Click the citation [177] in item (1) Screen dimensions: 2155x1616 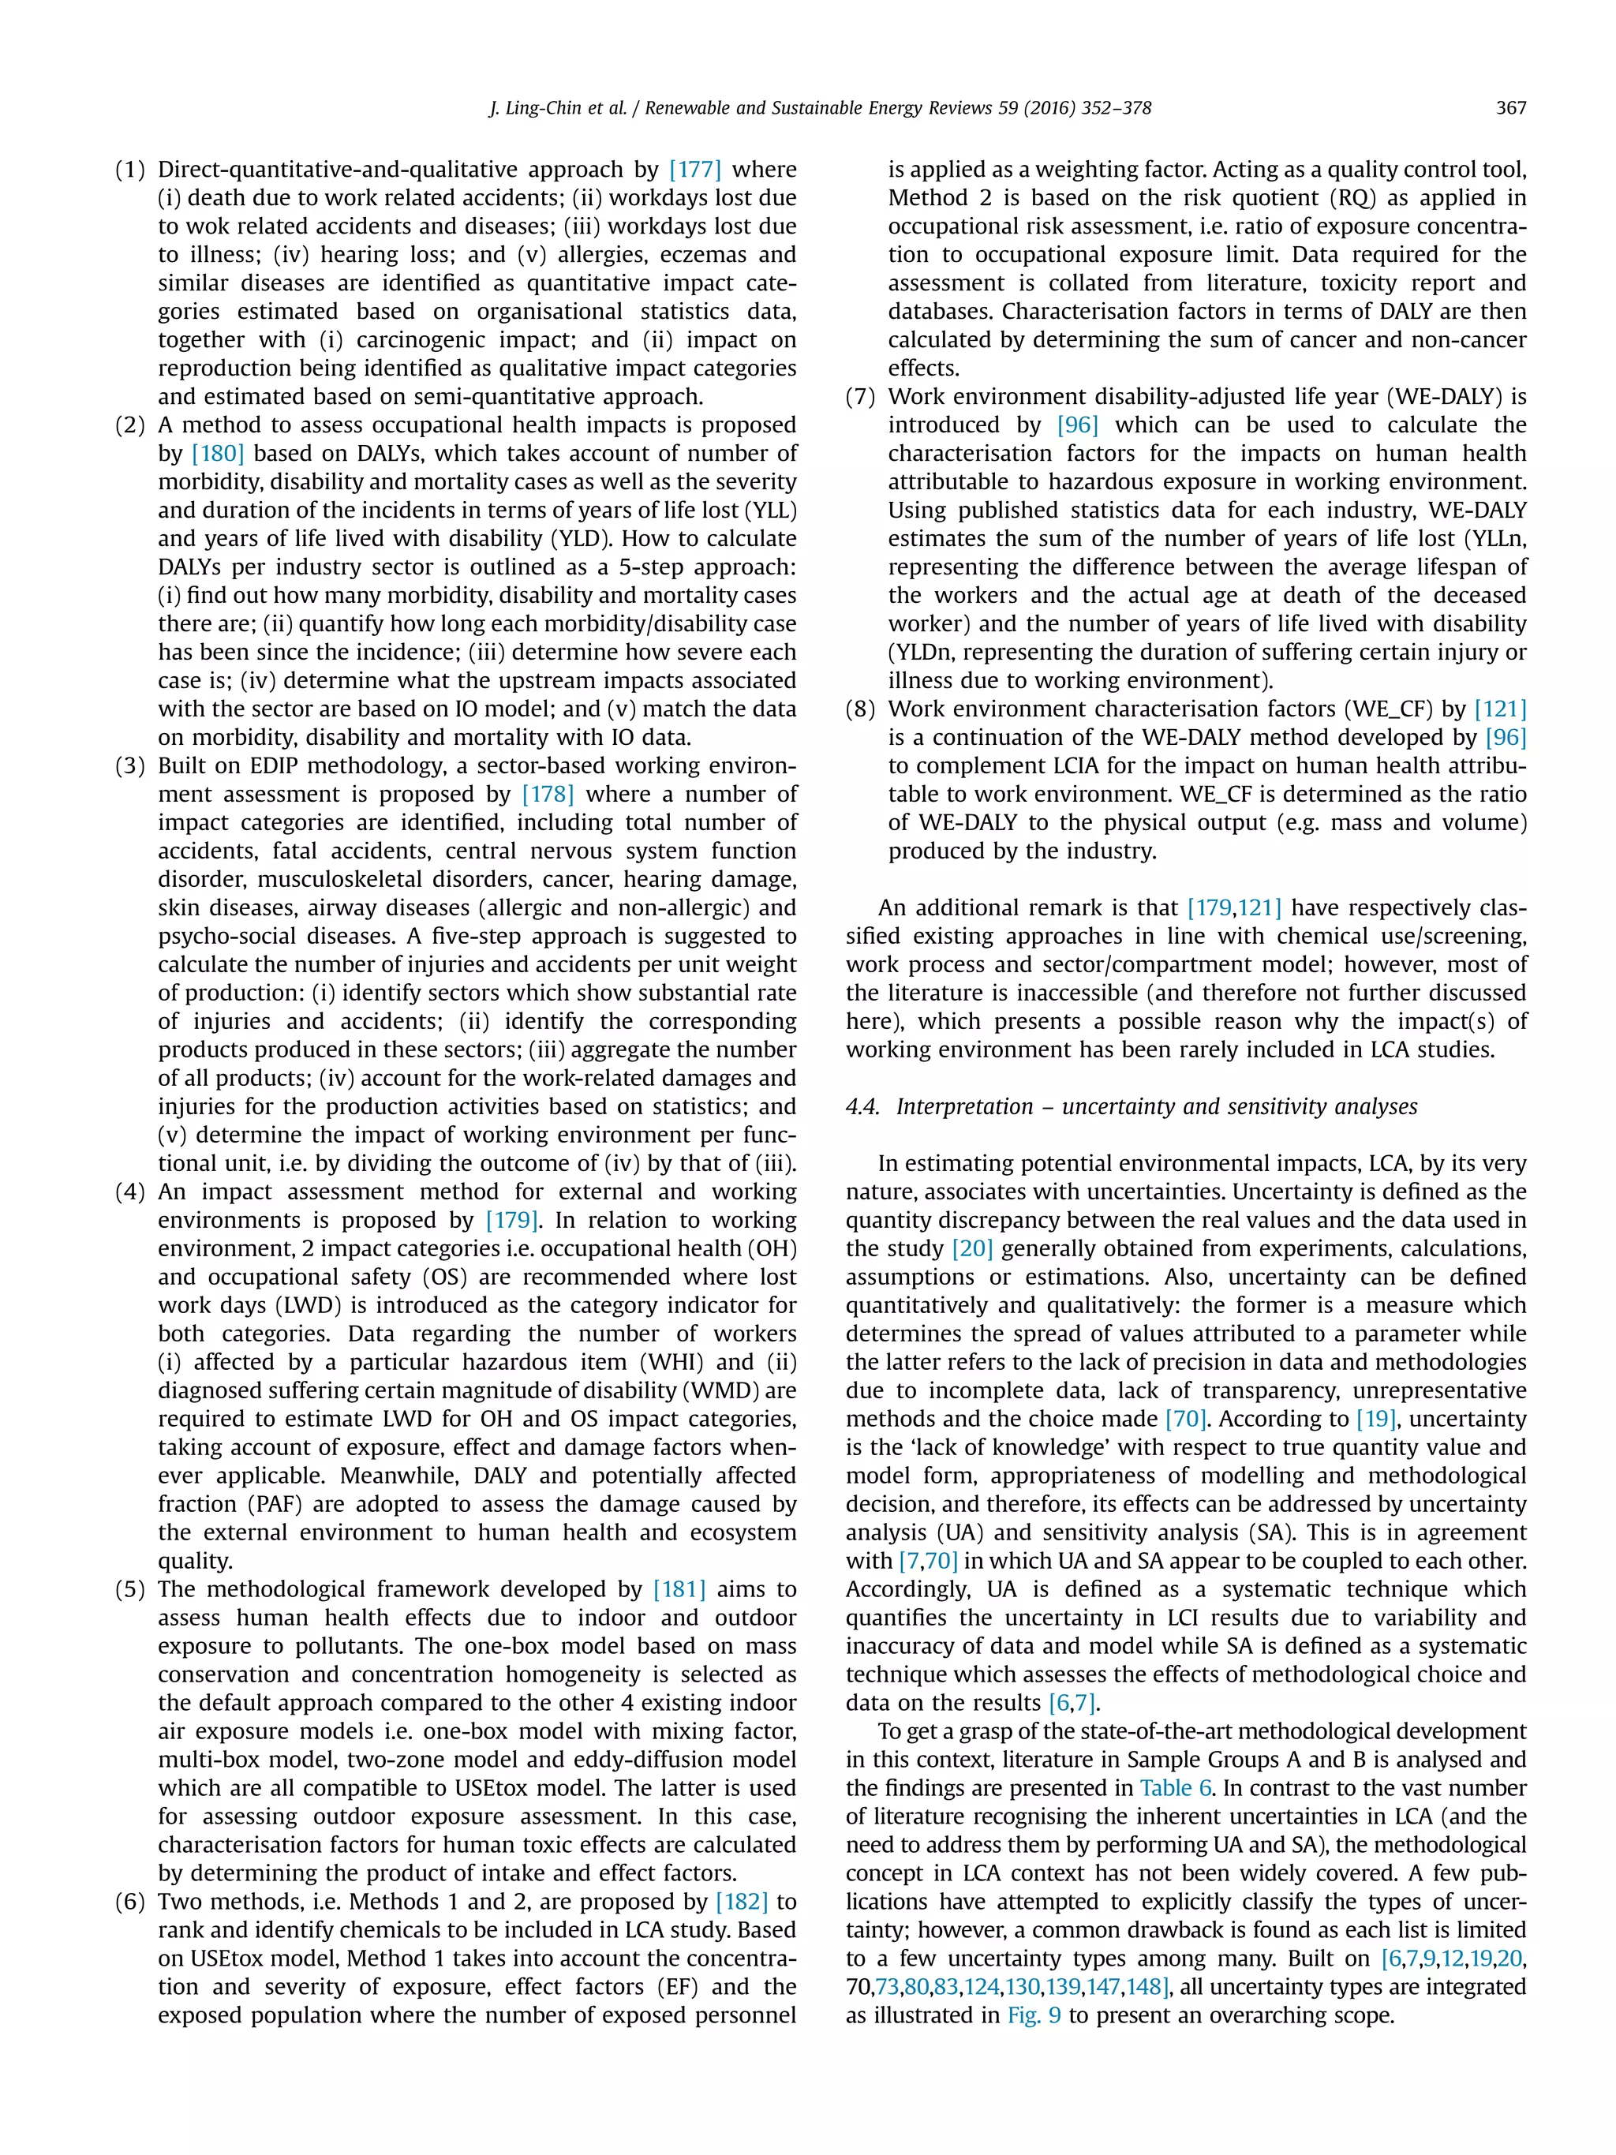pyautogui.click(x=694, y=170)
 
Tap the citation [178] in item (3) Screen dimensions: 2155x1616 pyautogui.click(x=548, y=794)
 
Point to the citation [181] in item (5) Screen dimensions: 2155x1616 pyautogui.click(x=679, y=1590)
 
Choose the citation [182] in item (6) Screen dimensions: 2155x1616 pyautogui.click(x=741, y=1902)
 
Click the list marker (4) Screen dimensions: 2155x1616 pyautogui.click(x=129, y=1192)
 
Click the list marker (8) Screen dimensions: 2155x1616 pyautogui.click(x=860, y=709)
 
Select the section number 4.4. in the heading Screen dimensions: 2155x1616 pyautogui.click(x=863, y=1107)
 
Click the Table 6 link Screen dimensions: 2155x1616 pyautogui.click(x=1173, y=1789)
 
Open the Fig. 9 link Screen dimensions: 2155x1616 pyautogui.click(x=1034, y=2015)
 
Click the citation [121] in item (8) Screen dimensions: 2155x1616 pyautogui.click(x=1500, y=709)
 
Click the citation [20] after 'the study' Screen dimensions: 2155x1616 pyautogui.click(x=971, y=1249)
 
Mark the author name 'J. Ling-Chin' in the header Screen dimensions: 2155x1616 pyautogui.click(x=533, y=108)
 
